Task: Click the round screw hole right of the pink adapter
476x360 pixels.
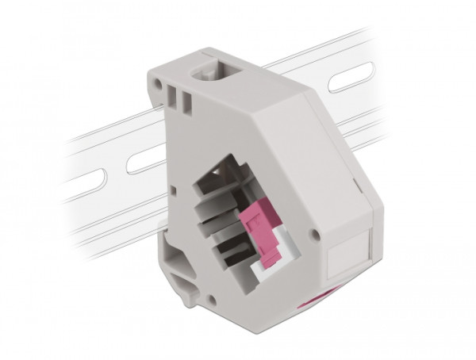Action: pyautogui.click(x=316, y=236)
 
